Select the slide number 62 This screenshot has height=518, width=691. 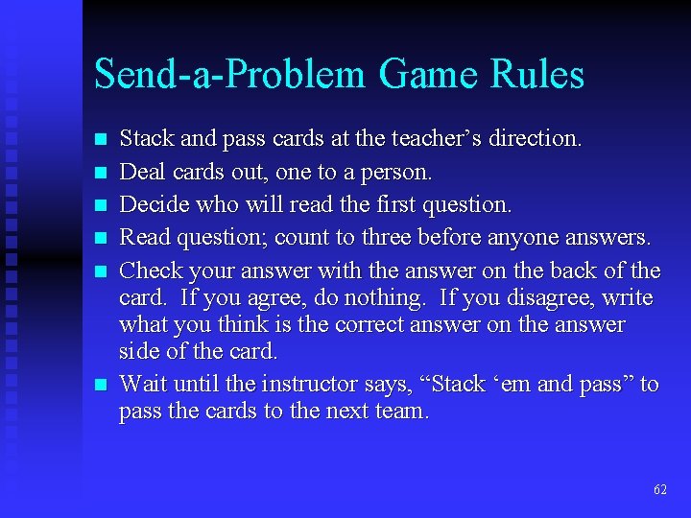point(659,489)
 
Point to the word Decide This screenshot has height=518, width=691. point(150,204)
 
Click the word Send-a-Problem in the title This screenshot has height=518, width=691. point(230,75)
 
